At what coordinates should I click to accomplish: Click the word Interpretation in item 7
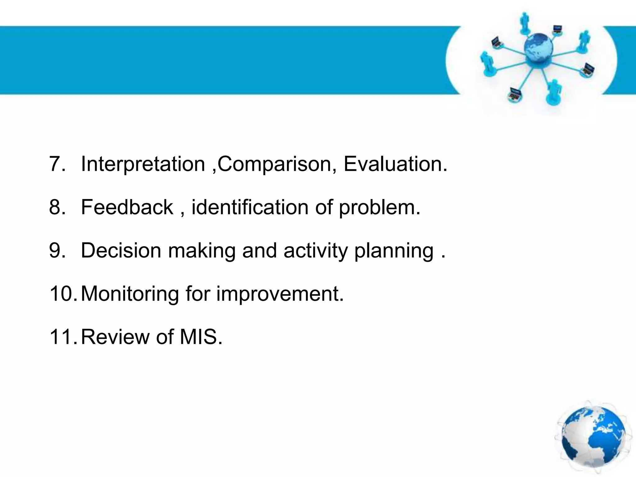tap(143, 164)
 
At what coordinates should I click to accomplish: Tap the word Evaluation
tap(395, 164)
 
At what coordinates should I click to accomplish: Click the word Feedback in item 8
tap(127, 207)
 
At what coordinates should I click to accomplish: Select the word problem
tap(379, 207)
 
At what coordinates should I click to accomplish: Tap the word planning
tap(394, 251)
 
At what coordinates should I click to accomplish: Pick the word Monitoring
tap(130, 294)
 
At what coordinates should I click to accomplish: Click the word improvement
tap(280, 294)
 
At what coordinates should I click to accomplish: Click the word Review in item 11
tap(115, 337)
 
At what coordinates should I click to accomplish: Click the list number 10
tap(62, 294)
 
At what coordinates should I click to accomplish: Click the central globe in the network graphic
tap(538, 49)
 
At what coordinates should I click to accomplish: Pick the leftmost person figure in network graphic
tap(486, 64)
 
